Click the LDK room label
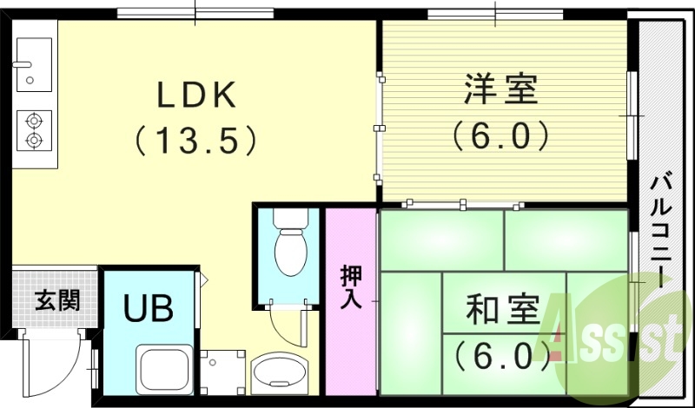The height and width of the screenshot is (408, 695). [196, 95]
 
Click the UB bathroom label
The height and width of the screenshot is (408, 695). [147, 308]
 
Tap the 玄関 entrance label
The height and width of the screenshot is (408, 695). [57, 301]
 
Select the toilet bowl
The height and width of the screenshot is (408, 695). [288, 252]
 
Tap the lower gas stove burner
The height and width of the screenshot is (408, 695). [33, 139]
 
